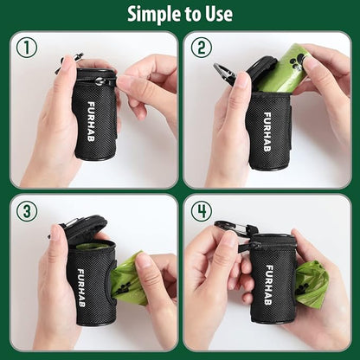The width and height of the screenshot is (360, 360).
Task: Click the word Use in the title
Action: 216,14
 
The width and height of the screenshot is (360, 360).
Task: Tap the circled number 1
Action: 27,48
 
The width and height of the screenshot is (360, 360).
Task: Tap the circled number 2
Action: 202,48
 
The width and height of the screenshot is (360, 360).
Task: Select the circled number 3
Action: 27,211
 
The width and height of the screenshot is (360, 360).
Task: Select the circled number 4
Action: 202,211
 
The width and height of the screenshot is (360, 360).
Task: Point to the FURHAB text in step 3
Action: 81,279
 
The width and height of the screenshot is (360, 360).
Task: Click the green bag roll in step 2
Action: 283,69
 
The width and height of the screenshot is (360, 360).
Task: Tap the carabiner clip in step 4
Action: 229,229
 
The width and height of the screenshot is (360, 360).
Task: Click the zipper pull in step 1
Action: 100,81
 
